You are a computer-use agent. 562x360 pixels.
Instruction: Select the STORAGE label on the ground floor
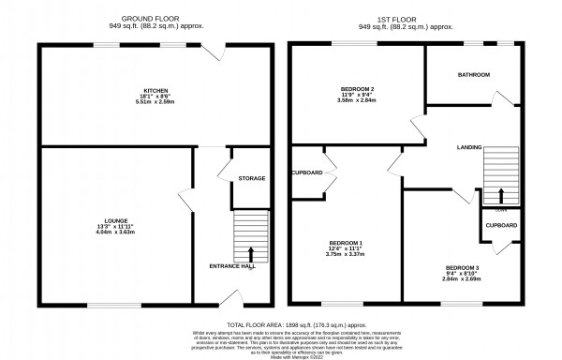coord(251,178)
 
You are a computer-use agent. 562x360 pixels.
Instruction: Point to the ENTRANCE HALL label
coord(230,266)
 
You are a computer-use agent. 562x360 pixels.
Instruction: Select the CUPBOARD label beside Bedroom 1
coord(306,173)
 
